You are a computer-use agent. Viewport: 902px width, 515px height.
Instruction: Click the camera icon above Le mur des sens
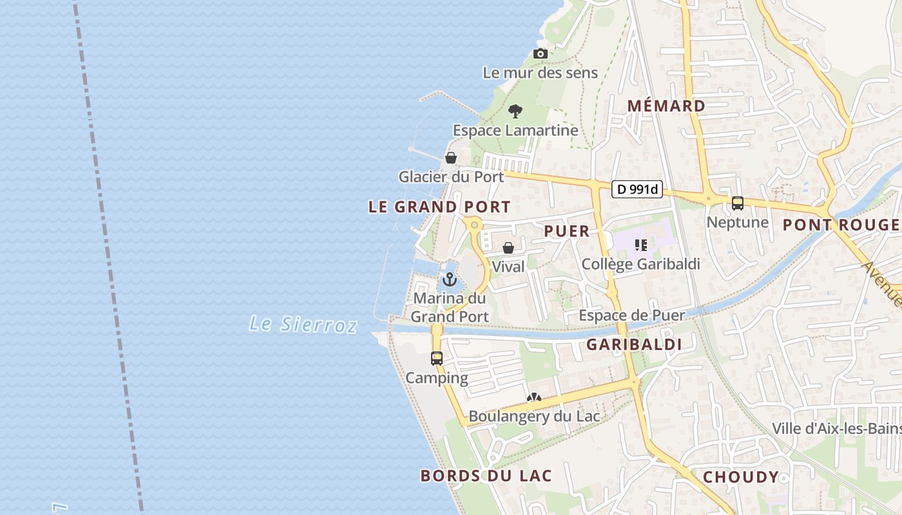(x=541, y=54)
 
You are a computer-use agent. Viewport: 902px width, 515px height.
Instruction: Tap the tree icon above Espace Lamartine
(x=515, y=111)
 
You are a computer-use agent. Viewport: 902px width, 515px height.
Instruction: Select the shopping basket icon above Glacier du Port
(x=451, y=158)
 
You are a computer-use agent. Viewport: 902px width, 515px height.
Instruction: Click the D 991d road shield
(x=637, y=189)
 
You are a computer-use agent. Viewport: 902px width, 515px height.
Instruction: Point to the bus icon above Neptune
(x=738, y=203)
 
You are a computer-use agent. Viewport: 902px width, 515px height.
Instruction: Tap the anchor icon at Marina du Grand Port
(x=450, y=279)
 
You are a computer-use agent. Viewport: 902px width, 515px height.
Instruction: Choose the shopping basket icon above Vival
(x=508, y=248)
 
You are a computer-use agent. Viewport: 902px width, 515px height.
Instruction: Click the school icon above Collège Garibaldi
(x=640, y=245)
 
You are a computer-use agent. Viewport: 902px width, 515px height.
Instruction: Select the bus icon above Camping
(x=437, y=359)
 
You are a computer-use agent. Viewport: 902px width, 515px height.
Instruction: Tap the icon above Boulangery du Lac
(x=533, y=398)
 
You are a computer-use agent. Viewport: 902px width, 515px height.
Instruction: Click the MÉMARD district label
(x=666, y=106)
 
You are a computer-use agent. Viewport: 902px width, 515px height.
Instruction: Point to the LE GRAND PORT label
(x=439, y=207)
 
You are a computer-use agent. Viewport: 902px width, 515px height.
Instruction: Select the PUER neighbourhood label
(x=567, y=231)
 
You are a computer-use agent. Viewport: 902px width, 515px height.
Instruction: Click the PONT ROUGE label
(x=840, y=225)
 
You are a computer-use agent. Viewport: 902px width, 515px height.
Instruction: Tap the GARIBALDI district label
(x=634, y=345)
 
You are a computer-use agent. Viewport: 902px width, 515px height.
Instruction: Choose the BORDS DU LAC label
(x=486, y=476)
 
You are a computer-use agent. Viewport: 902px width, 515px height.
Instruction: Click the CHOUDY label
(x=741, y=477)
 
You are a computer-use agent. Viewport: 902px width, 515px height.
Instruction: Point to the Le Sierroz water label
(x=303, y=324)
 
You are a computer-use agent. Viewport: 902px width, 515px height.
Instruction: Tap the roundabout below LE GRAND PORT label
(x=474, y=225)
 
